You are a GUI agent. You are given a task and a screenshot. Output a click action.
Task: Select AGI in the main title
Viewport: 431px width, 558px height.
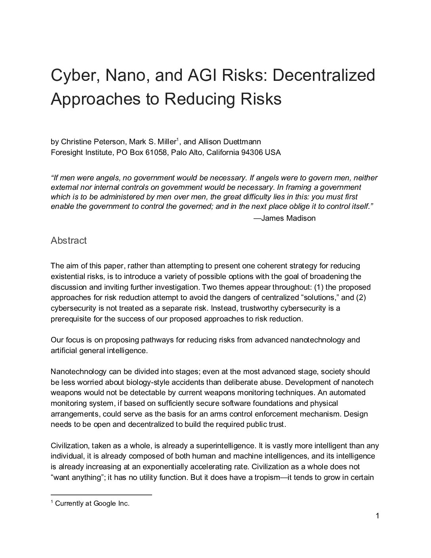(213, 75)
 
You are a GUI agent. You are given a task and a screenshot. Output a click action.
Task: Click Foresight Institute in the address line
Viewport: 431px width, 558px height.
(81, 153)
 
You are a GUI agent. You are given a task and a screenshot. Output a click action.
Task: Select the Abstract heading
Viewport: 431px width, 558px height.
(69, 241)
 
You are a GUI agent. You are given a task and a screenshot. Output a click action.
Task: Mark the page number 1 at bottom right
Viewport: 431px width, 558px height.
(378, 516)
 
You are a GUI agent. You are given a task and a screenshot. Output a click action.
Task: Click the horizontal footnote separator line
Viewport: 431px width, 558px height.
(101, 495)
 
